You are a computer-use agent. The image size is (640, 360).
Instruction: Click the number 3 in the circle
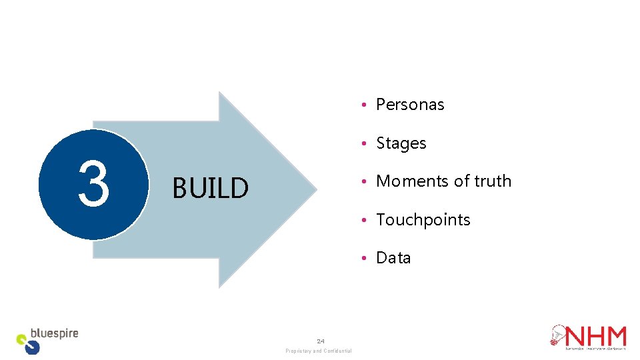tap(93, 184)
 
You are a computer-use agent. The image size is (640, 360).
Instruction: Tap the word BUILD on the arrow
tap(210, 189)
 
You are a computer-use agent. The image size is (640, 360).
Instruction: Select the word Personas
tap(410, 105)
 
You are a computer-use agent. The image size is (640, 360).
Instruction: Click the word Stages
tap(401, 143)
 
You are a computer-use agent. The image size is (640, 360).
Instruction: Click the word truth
tap(493, 181)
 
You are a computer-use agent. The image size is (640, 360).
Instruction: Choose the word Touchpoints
tap(423, 220)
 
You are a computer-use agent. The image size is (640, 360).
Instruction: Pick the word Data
tap(393, 258)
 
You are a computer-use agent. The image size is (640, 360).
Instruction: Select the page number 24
tap(321, 341)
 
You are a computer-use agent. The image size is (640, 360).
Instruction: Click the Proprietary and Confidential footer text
tap(318, 351)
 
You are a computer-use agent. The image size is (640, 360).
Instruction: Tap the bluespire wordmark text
tap(55, 333)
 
